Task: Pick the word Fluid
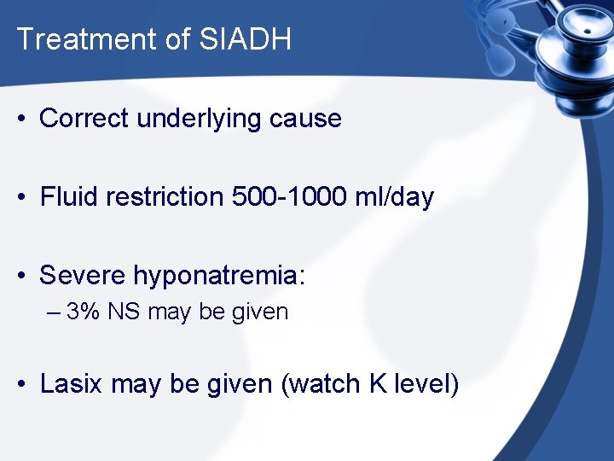tap(68, 196)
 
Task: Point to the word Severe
tap(83, 275)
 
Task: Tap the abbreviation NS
tap(125, 312)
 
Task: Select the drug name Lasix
tap(72, 384)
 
